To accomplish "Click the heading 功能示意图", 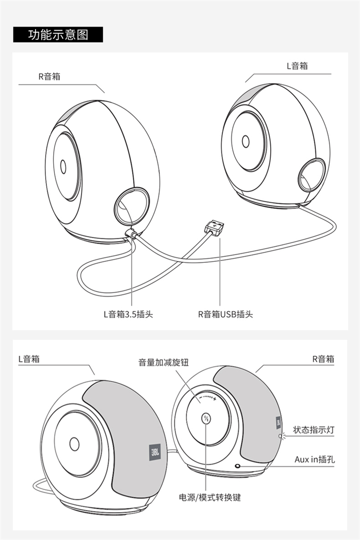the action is [x=58, y=35].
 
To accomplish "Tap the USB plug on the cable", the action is [x=214, y=228].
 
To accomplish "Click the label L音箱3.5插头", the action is [x=128, y=314].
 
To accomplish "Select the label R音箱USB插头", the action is [x=226, y=314].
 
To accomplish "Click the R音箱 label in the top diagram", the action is [x=49, y=76].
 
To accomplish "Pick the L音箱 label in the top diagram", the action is [x=298, y=66].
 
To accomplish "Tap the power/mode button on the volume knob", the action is [x=206, y=419].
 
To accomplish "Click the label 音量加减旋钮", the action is [x=164, y=362].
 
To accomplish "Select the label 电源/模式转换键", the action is [x=210, y=497].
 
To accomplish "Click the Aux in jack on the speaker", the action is [x=238, y=466].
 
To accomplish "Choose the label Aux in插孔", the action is [x=314, y=459].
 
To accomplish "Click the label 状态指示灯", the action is [x=313, y=430].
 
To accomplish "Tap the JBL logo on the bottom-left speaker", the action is [x=155, y=452].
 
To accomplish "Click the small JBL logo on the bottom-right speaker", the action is [x=278, y=423].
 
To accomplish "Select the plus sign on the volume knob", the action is [x=215, y=399].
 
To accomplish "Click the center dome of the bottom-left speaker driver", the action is [x=74, y=444].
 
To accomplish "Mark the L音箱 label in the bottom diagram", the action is [x=29, y=359].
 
